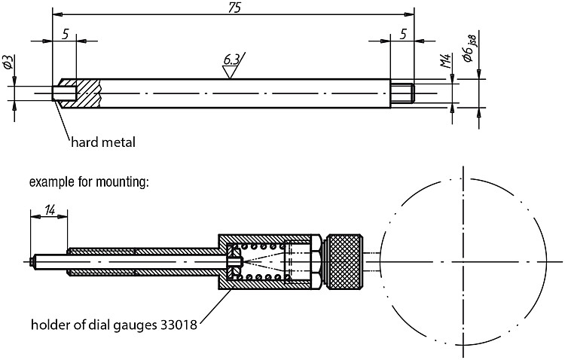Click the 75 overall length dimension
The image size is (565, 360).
(x=234, y=8)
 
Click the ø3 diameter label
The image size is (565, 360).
(x=8, y=62)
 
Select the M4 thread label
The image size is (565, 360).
(x=446, y=61)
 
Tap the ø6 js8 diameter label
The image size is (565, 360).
(x=469, y=49)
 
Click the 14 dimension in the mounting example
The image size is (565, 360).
(x=50, y=209)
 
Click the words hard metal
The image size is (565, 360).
(x=103, y=142)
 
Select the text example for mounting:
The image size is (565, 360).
(x=89, y=182)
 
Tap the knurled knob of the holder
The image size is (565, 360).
(x=344, y=261)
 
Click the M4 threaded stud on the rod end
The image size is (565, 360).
(x=403, y=93)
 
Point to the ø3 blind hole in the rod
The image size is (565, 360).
(x=65, y=93)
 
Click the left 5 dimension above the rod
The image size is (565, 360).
(x=66, y=35)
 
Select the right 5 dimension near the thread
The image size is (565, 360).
(x=403, y=35)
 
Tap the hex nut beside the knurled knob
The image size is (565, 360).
(x=316, y=261)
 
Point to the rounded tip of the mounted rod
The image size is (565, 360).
(x=32, y=261)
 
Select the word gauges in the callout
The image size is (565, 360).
(x=135, y=326)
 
